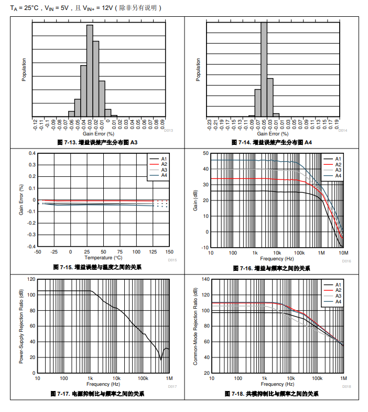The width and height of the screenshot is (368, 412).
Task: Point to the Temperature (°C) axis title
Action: point(103,258)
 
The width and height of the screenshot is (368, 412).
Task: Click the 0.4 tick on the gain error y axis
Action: point(33,153)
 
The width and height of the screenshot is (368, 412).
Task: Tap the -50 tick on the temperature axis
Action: point(37,252)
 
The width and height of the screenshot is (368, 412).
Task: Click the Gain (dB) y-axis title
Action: point(195,199)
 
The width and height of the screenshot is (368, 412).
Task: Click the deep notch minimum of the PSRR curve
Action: point(161,360)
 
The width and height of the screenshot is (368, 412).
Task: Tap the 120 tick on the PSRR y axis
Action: point(31,279)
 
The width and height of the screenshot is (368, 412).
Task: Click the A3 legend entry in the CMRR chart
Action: point(338,296)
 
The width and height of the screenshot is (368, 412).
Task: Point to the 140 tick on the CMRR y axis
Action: point(205,279)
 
